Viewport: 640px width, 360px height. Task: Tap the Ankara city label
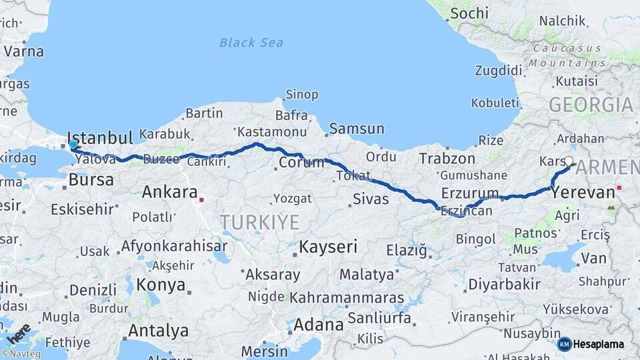point(169,193)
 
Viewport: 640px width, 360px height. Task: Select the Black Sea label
point(251,43)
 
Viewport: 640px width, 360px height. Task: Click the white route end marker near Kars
point(569,161)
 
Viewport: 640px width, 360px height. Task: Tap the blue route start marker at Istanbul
point(73,144)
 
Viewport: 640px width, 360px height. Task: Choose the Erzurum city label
point(470,194)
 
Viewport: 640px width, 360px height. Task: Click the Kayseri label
point(328,247)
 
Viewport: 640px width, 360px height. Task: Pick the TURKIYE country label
point(260,222)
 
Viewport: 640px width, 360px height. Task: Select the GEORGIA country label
point(591,105)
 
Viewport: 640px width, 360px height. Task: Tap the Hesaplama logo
point(591,344)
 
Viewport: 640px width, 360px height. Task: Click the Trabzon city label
point(447,159)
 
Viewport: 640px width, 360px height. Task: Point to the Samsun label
point(357,129)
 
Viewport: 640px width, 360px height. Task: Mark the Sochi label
point(469,13)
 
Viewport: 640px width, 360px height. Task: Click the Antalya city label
point(158,331)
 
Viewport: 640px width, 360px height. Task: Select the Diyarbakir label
point(504,284)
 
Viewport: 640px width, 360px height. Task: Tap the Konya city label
point(161,285)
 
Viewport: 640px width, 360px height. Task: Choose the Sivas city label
point(370,198)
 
